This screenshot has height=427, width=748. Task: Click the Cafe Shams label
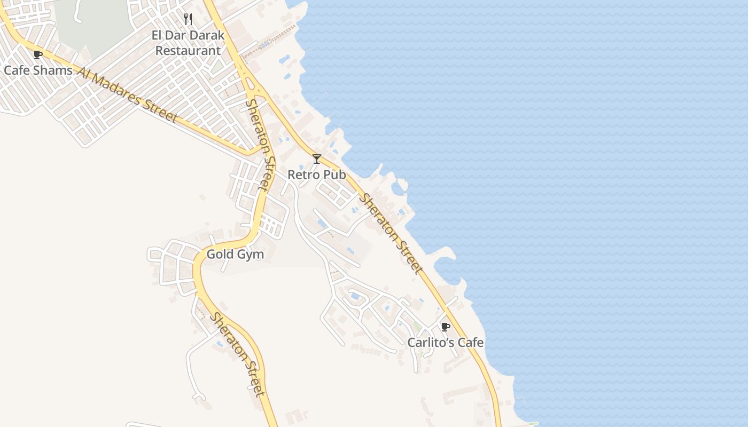pos(38,70)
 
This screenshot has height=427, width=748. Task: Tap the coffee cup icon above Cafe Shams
pos(37,54)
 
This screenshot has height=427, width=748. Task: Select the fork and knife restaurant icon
pos(188,20)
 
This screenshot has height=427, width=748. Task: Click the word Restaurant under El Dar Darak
pos(188,51)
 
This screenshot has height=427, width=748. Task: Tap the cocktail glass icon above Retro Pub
pos(317,159)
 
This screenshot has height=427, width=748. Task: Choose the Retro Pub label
pos(316,175)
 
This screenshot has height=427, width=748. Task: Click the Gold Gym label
pos(235,254)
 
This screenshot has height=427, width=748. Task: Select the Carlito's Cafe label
pos(446,342)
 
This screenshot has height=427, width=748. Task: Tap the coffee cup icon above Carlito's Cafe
pos(445,327)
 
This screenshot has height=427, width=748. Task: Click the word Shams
pos(55,70)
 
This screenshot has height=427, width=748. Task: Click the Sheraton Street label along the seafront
pos(391,234)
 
